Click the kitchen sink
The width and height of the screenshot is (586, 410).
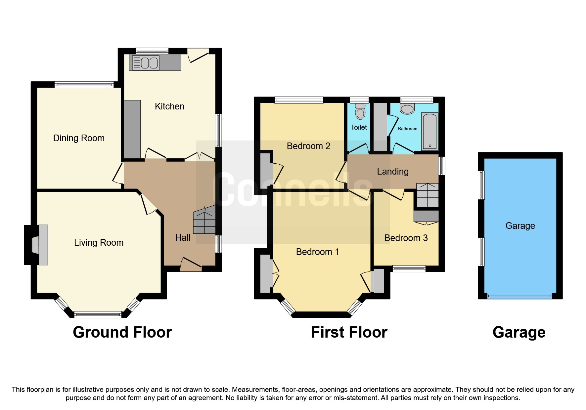[x=146, y=62]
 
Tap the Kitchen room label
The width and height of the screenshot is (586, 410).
[x=169, y=106]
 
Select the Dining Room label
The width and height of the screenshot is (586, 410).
[x=79, y=138]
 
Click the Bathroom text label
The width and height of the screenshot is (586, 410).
[x=407, y=129]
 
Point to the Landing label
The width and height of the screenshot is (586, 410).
[x=393, y=172]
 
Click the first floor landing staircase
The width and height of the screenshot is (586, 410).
[x=427, y=195]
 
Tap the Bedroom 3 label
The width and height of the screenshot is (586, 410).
[x=406, y=238]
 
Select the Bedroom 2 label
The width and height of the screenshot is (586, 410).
[x=308, y=146]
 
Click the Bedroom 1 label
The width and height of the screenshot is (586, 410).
[x=317, y=252]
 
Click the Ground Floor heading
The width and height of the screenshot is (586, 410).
[x=122, y=332]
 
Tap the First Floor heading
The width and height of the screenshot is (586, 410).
[x=349, y=332]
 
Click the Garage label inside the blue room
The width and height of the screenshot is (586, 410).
[x=520, y=226]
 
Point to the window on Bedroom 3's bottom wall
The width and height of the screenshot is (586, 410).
[x=409, y=268]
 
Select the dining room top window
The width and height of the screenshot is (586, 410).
[x=84, y=85]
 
